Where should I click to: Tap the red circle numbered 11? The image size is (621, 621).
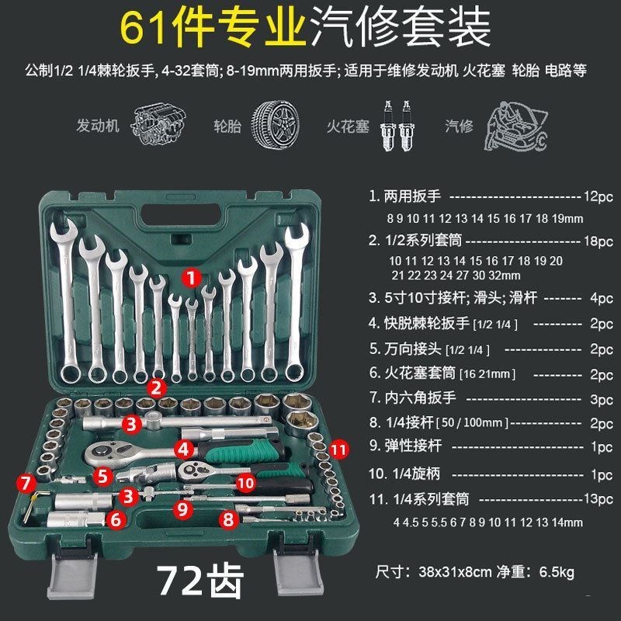pyautogui.click(x=338, y=449)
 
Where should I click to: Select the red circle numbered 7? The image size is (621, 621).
pyautogui.click(x=27, y=484)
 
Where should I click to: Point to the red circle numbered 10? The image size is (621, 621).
pyautogui.click(x=245, y=483)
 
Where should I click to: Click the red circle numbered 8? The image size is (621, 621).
pyautogui.click(x=227, y=519)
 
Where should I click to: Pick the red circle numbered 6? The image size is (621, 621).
pyautogui.click(x=116, y=520)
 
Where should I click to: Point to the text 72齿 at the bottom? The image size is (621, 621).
pyautogui.click(x=200, y=578)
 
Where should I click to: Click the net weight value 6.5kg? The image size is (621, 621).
pyautogui.click(x=553, y=574)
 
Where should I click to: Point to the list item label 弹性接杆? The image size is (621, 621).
pyautogui.click(x=414, y=448)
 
